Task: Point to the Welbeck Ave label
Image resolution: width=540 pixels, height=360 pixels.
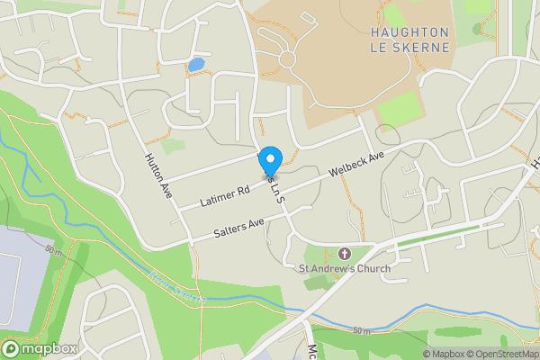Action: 356,163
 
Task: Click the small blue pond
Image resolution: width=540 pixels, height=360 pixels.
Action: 195,65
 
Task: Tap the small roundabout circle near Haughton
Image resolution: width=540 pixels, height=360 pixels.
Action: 288,59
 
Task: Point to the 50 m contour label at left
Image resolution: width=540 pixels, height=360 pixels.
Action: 55,249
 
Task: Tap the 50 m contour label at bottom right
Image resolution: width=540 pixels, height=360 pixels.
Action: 362,331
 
